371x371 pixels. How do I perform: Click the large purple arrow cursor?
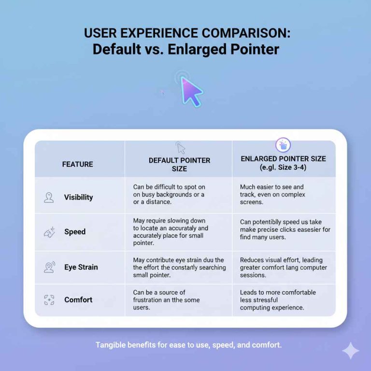pyautogui.click(x=190, y=91)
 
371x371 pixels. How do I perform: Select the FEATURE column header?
pyautogui.click(x=77, y=164)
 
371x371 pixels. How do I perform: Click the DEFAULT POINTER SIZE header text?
pyautogui.click(x=179, y=164)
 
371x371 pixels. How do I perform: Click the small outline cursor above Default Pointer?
pyautogui.click(x=181, y=148)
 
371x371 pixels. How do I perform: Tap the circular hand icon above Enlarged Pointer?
pyautogui.click(x=283, y=145)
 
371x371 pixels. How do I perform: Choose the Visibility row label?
pyautogui.click(x=78, y=197)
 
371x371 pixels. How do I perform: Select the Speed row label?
pyautogui.click(x=75, y=231)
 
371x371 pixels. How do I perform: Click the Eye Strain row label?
pyautogui.click(x=81, y=267)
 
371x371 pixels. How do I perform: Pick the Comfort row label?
pyautogui.click(x=78, y=300)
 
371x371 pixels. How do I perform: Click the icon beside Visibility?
pyautogui.click(x=49, y=198)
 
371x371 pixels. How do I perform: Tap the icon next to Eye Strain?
pyautogui.click(x=49, y=267)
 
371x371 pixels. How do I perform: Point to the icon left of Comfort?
pyautogui.click(x=49, y=300)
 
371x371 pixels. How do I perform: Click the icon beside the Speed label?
pyautogui.click(x=49, y=232)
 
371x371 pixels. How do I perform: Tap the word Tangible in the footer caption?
pyautogui.click(x=110, y=345)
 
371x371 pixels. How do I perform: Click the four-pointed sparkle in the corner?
pyautogui.click(x=350, y=350)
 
